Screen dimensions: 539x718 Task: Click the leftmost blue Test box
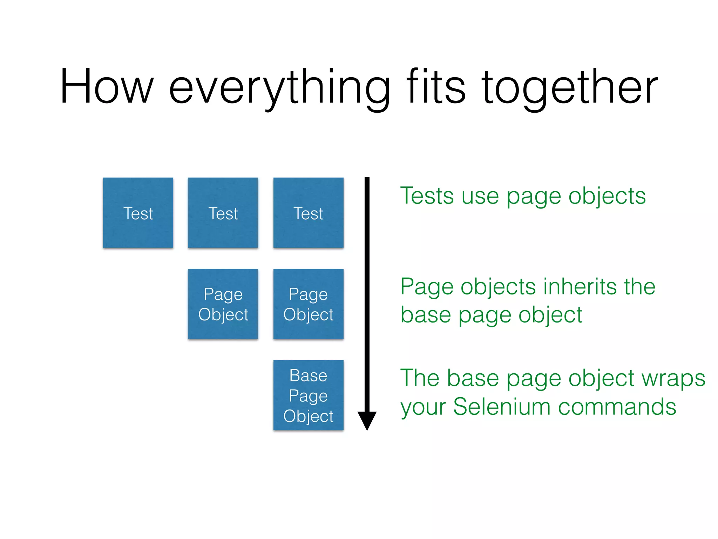(x=138, y=213)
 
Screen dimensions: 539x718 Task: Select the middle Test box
(x=223, y=213)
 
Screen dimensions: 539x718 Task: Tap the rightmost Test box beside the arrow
(x=308, y=213)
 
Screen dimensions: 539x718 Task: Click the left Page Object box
(x=223, y=304)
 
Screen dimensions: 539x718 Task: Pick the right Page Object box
(x=308, y=304)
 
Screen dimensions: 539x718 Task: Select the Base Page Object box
(x=308, y=395)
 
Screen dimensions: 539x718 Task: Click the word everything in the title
(x=279, y=88)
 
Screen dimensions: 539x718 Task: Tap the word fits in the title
(x=436, y=87)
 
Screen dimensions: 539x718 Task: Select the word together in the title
(x=569, y=88)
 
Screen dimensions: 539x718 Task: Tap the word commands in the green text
(x=617, y=407)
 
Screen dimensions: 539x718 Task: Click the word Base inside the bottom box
(x=308, y=375)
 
